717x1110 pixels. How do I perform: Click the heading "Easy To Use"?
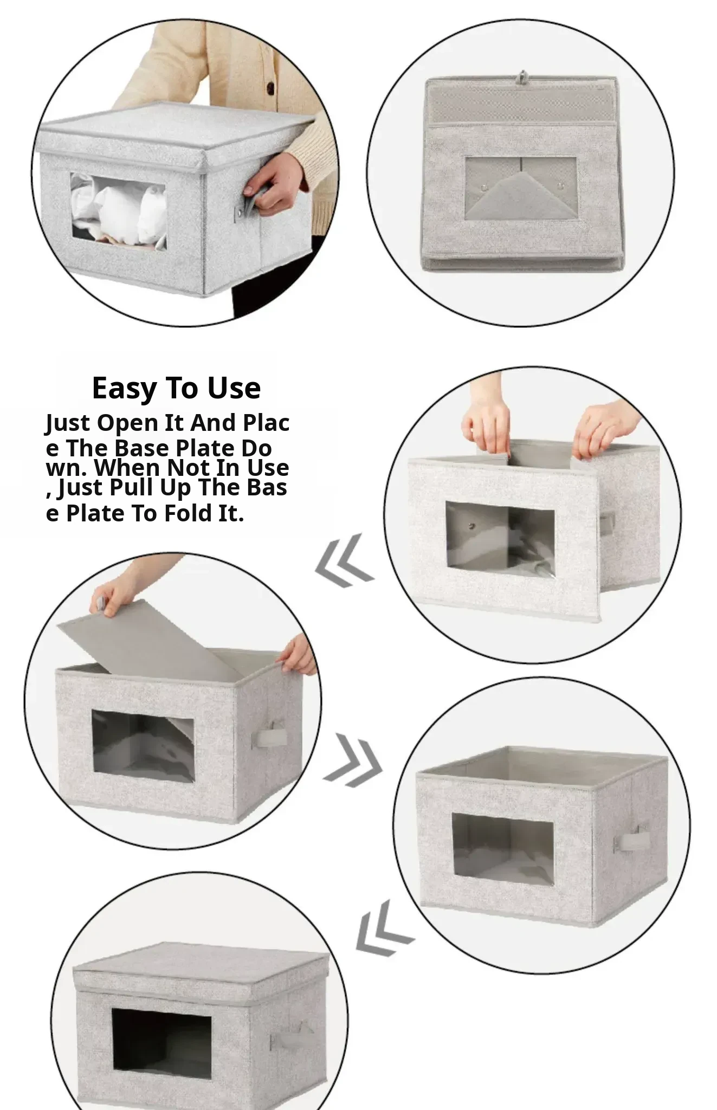(176, 389)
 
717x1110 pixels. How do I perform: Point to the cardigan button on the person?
(269, 87)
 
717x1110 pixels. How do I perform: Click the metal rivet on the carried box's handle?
(238, 217)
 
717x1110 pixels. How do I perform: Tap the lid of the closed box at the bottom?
(201, 966)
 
